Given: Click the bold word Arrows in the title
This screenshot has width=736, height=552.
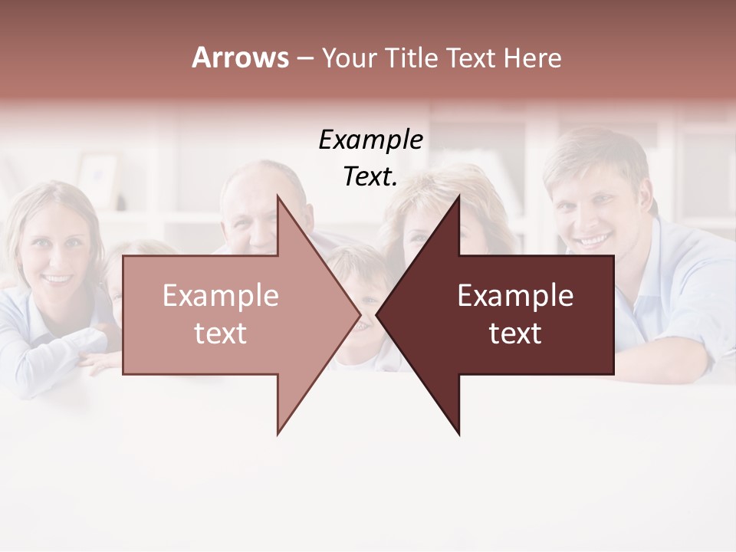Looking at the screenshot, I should pyautogui.click(x=240, y=58).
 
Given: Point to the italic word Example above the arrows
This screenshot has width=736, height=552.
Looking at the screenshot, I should pyautogui.click(x=370, y=140).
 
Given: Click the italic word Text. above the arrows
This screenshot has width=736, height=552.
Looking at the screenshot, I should pyautogui.click(x=370, y=177).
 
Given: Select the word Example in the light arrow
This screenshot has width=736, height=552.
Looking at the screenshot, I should pyautogui.click(x=221, y=296).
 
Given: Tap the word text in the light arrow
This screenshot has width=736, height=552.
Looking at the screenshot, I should pyautogui.click(x=221, y=333).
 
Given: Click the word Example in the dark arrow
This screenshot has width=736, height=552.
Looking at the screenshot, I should pyautogui.click(x=515, y=296).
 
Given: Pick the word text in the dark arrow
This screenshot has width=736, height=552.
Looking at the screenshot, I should pyautogui.click(x=515, y=333).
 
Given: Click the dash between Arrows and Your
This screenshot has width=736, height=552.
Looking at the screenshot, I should pyautogui.click(x=304, y=58).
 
